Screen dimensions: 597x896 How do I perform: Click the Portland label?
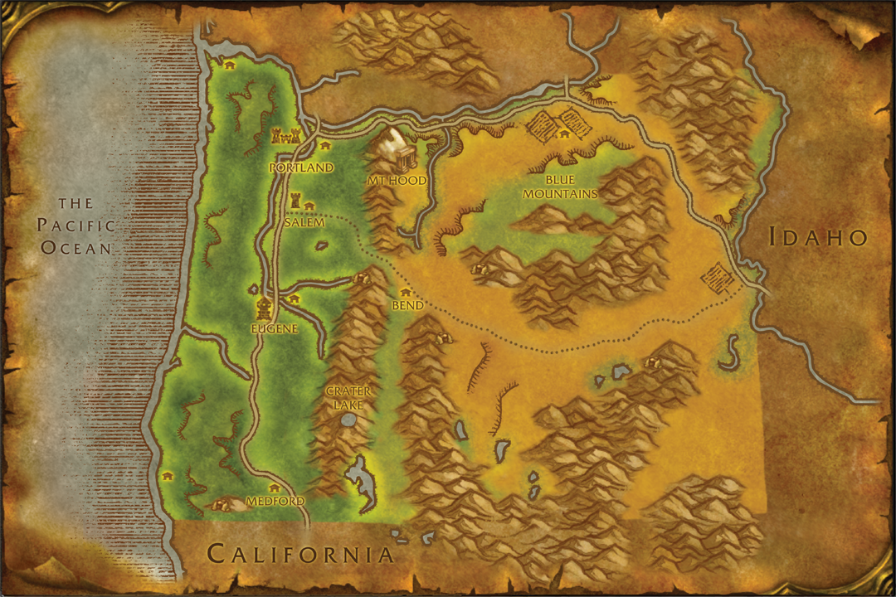pos(301,167)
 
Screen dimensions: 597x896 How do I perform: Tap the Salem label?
pos(304,222)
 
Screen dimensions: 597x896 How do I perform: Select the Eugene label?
pos(274,328)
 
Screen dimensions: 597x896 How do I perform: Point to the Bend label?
pos(407,305)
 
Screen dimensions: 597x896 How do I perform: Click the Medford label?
pos(275,502)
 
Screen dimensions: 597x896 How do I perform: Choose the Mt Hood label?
pos(397,180)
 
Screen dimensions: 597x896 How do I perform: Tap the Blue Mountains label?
pos(571,187)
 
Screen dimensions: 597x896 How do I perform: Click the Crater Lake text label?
pos(348,397)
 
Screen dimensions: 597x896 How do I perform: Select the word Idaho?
pos(818,237)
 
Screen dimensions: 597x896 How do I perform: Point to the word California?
pos(299,553)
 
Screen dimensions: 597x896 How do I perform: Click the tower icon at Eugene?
pos(264,308)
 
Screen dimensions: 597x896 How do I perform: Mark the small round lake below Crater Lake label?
pos(349,420)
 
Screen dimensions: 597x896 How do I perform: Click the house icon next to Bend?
pos(406,292)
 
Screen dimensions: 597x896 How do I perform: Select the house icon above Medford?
pos(274,488)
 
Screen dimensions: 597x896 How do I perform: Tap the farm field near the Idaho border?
pos(718,279)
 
